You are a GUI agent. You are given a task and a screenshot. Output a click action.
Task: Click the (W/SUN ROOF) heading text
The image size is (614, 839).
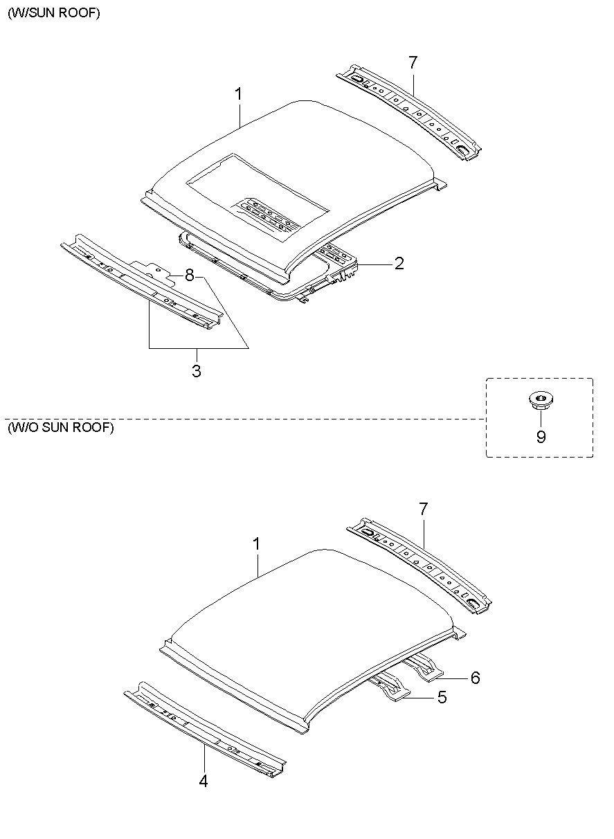(54, 14)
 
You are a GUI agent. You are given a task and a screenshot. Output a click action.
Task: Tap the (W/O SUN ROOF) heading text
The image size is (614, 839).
(61, 427)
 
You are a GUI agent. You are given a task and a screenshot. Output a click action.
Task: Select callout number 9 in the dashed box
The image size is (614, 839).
(541, 437)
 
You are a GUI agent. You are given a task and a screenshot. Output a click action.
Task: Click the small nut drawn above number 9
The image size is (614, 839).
(539, 399)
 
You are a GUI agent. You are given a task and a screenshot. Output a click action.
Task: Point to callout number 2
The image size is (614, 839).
(399, 264)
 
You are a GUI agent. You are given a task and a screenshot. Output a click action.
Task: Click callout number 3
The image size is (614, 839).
(197, 371)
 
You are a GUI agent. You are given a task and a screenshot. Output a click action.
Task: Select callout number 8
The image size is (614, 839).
(188, 275)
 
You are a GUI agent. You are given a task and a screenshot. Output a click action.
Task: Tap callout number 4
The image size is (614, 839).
(204, 782)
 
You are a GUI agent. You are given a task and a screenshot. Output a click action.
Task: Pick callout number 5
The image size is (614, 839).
(442, 697)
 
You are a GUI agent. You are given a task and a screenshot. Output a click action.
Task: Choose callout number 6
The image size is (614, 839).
(474, 677)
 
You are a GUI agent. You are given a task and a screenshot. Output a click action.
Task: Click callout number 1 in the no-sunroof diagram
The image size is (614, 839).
(256, 544)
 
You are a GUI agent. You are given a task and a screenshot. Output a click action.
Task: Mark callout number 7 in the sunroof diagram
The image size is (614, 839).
(413, 62)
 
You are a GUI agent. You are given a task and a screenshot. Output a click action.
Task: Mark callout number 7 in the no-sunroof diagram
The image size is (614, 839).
(423, 509)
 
